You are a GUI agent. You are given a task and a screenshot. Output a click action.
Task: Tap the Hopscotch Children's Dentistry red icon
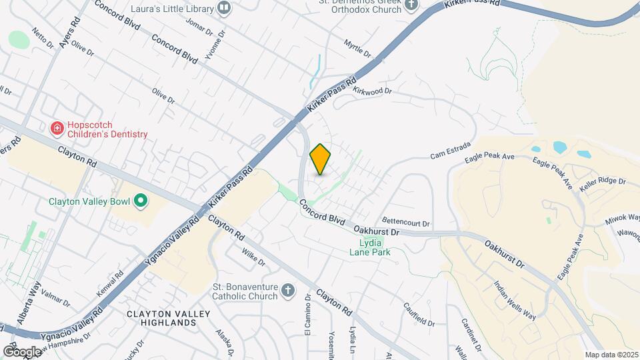point(57,127)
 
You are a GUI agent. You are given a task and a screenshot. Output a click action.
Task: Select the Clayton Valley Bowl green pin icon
point(141,200)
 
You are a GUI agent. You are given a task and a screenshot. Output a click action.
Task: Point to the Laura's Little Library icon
point(223,8)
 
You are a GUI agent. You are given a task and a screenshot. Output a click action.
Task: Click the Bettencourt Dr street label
point(405,223)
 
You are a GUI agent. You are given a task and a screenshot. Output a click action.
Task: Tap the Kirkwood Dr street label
point(371,91)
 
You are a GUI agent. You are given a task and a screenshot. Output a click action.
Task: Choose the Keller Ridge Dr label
point(603,181)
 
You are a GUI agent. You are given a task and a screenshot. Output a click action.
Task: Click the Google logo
point(22,351)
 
